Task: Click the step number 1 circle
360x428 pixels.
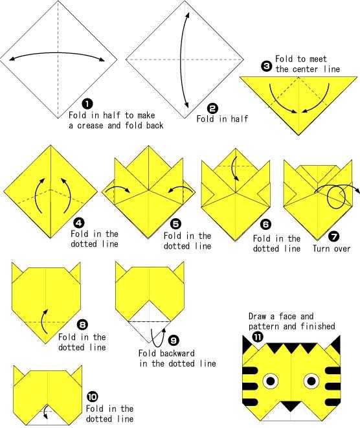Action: coord(87,104)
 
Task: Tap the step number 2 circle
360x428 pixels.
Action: coord(212,108)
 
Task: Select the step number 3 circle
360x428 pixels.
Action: coord(266,66)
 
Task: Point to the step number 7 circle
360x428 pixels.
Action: coord(334,236)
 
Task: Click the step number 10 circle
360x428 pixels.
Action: coord(93,396)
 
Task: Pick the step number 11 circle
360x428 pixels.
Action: coord(258,337)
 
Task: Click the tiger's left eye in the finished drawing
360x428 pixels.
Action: coord(271,381)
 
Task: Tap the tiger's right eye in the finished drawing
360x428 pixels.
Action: coord(311,381)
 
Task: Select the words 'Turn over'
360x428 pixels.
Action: coord(332,249)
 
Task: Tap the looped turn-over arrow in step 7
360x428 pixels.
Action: coord(337,194)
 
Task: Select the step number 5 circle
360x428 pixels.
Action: coord(175,224)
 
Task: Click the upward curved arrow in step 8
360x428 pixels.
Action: coord(44,321)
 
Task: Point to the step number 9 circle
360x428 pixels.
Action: coord(174,340)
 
